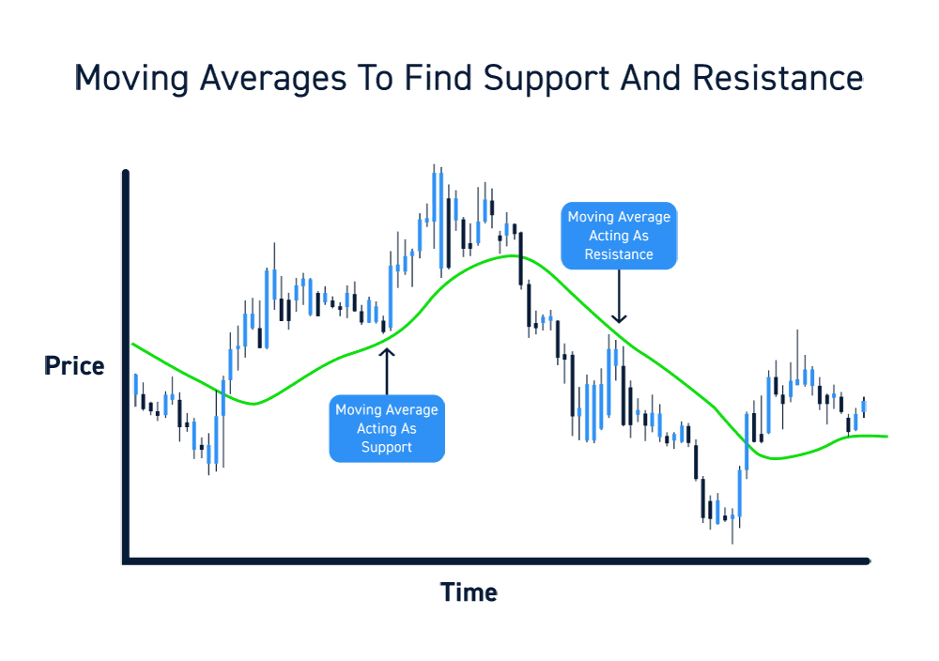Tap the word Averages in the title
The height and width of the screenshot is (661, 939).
point(267,78)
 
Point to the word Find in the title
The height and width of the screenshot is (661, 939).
point(440,78)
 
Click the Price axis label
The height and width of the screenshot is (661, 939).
point(74,366)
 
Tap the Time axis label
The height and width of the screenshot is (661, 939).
point(469,592)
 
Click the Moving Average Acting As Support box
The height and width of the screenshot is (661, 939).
point(386,428)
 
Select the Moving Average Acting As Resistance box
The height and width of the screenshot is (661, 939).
point(618,236)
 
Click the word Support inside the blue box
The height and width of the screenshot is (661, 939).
point(386,447)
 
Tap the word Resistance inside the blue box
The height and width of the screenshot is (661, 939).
point(618,254)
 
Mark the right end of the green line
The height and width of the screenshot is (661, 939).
point(885,437)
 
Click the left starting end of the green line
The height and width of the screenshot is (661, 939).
point(132,345)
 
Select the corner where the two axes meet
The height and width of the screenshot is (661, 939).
point(126,561)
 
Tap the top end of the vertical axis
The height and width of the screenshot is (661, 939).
point(126,172)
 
